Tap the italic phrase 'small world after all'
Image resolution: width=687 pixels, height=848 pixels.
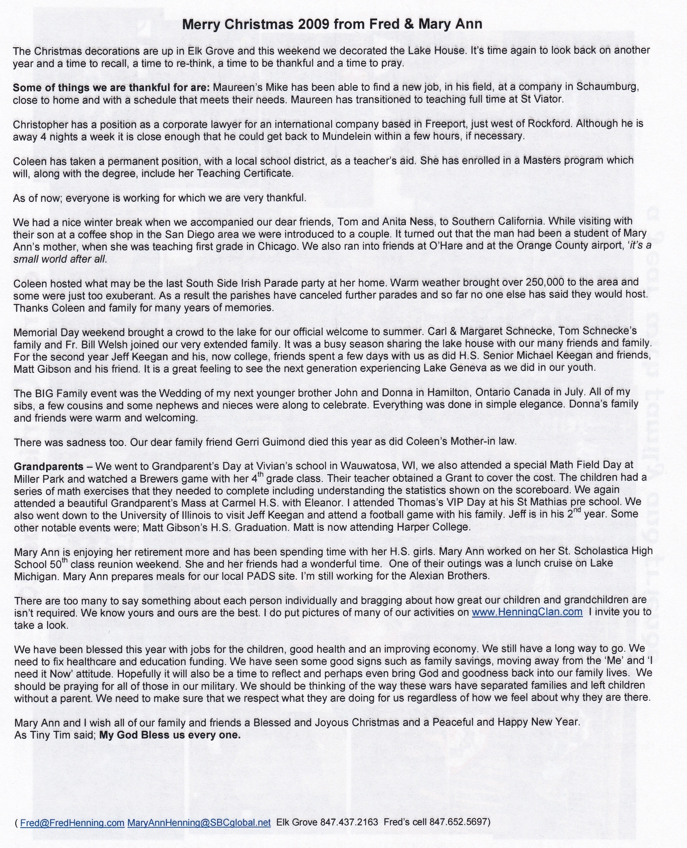tap(60, 259)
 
